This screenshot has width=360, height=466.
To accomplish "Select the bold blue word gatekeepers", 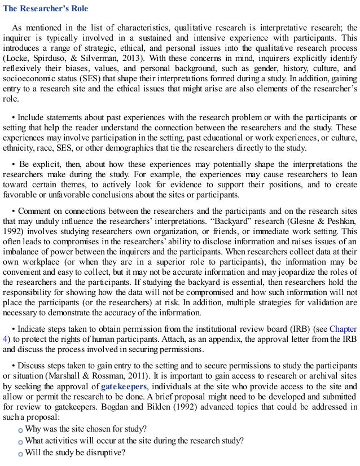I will click(124, 387).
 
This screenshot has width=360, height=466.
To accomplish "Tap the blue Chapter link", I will click(343, 328).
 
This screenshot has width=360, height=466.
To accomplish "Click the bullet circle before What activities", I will click(21, 441).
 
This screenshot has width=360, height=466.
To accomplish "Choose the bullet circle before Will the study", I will click(21, 453).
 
